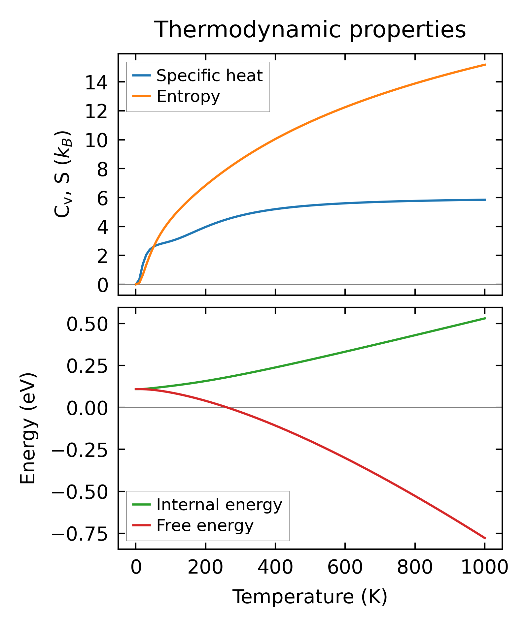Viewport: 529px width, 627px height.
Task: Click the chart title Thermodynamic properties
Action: (310, 30)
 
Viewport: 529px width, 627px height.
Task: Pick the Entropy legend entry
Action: (188, 97)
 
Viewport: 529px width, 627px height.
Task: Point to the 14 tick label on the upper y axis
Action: (96, 82)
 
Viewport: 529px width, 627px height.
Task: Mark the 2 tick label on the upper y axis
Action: (103, 256)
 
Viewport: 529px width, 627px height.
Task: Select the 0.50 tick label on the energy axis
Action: (87, 324)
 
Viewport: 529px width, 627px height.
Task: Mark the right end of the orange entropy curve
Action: (485, 65)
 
